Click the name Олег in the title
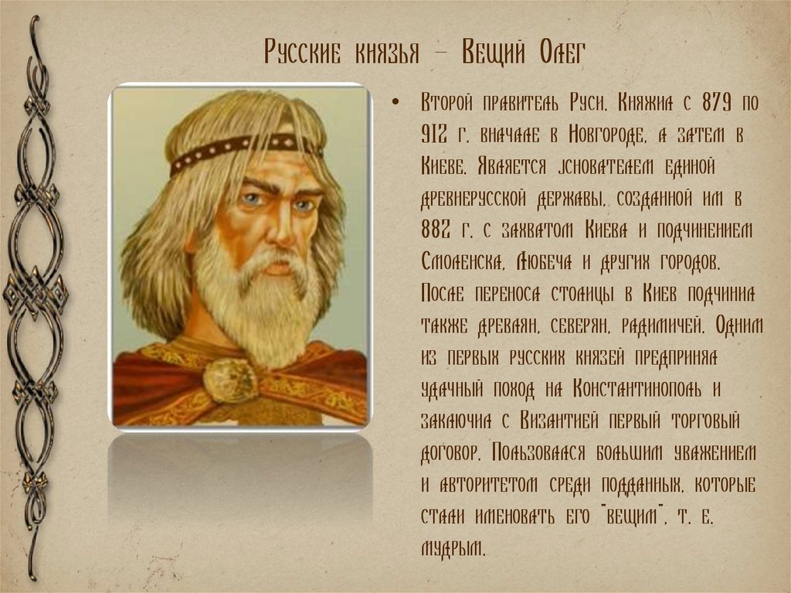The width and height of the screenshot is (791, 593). pos(562,52)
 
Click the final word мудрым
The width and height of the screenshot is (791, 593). pos(453,548)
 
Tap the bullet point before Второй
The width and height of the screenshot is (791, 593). pos(395,103)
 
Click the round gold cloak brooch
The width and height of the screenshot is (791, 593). pos(230,380)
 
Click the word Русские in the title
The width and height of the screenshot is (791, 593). pos(302,53)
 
